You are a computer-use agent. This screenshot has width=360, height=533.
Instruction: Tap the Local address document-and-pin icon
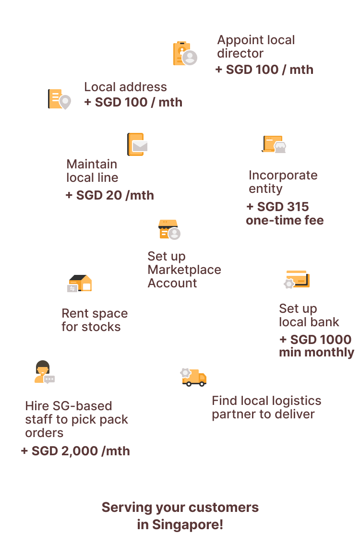tap(58, 99)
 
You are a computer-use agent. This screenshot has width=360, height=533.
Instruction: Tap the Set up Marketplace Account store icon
tap(168, 229)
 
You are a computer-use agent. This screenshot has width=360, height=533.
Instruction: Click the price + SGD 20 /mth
tap(110, 195)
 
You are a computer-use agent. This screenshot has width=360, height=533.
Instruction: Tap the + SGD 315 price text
tap(277, 207)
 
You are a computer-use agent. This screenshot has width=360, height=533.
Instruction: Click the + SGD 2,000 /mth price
tap(75, 451)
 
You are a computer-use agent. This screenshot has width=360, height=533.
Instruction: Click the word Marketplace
tap(184, 270)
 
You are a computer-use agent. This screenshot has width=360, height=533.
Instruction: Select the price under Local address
tap(133, 102)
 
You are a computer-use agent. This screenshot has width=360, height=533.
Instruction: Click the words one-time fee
tap(285, 221)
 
